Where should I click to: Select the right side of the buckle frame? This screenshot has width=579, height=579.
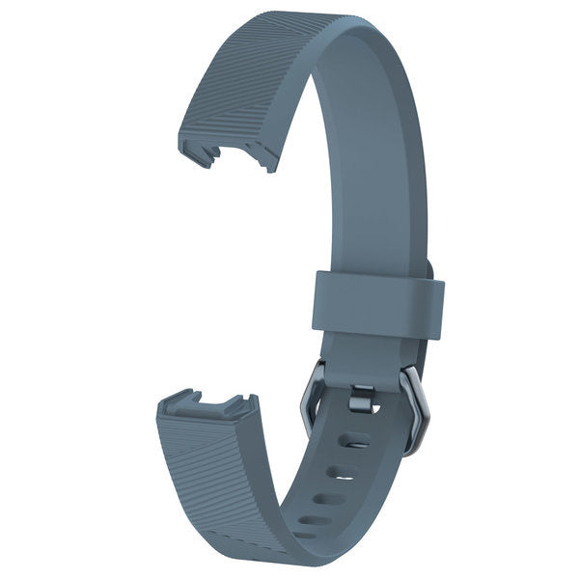coord(415,410)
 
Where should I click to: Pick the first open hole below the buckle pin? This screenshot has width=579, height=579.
coord(356,440)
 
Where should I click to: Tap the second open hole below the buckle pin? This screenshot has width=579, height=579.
coord(344,472)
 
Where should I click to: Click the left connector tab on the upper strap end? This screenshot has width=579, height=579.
coord(198,154)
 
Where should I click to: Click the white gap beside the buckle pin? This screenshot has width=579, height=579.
coord(377,408)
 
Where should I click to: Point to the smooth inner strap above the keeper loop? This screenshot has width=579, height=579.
coord(372,193)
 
